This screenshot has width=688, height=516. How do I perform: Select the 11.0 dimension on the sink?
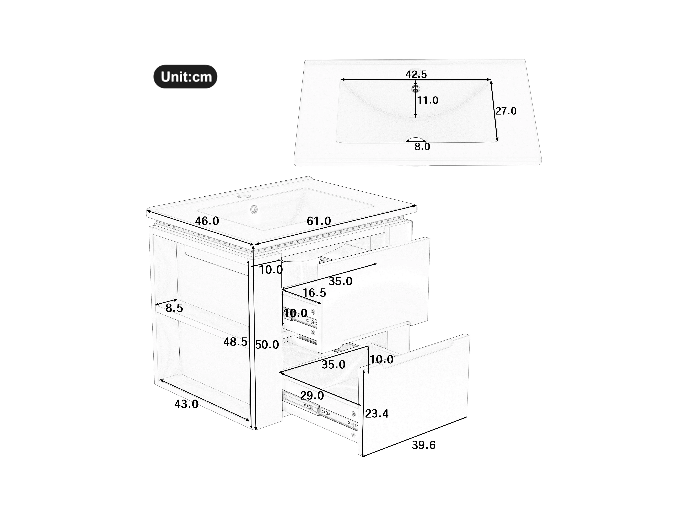click(x=428, y=100)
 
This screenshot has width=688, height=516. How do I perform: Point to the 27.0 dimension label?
click(x=506, y=111)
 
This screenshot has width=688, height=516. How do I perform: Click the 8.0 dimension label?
click(x=422, y=147)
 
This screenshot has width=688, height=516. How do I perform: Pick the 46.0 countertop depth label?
click(x=207, y=221)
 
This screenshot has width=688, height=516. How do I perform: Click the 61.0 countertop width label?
click(x=319, y=221)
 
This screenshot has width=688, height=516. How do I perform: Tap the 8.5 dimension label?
click(x=174, y=308)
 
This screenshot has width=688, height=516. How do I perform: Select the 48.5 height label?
click(x=235, y=342)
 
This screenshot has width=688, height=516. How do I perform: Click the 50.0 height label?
click(x=267, y=345)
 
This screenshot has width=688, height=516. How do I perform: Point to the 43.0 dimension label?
click(x=186, y=404)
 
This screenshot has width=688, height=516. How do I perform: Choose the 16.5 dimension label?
click(x=314, y=293)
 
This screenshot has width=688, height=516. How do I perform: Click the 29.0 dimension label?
click(x=312, y=396)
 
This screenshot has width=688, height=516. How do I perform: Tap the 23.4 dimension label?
click(x=377, y=414)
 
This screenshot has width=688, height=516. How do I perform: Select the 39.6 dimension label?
click(x=424, y=445)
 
